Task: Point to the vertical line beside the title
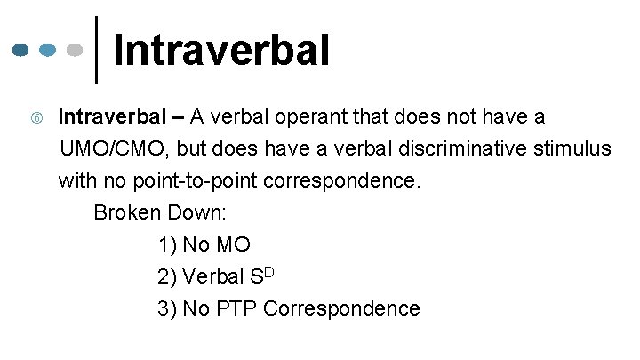click(x=96, y=50)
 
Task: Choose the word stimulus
click(x=577, y=149)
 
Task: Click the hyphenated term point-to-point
click(x=182, y=181)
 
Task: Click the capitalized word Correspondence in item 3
click(x=342, y=308)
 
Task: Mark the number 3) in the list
click(x=167, y=308)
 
